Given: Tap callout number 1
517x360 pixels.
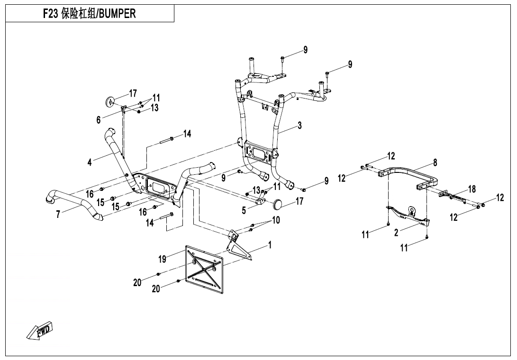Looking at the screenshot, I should click(270, 244).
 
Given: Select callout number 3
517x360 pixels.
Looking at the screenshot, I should click(299, 126).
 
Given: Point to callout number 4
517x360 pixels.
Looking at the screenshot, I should click(90, 162).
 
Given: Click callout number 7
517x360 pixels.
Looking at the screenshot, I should click(58, 215).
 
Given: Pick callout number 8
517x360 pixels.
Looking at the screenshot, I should click(435, 162).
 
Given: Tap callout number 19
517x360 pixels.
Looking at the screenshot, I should click(163, 259).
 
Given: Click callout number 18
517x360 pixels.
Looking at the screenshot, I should click(472, 189).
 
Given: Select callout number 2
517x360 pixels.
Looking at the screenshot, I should click(396, 232).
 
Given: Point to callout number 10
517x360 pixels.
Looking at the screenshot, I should click(276, 220).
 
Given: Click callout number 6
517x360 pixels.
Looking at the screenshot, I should click(99, 120).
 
